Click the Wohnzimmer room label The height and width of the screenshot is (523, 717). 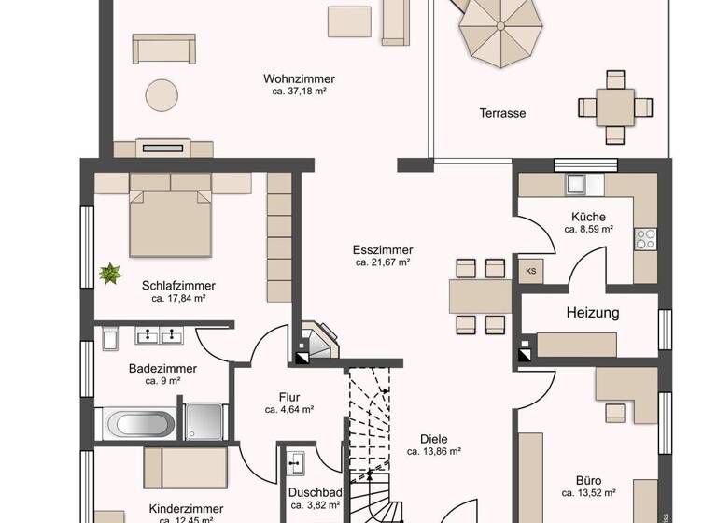[299, 79]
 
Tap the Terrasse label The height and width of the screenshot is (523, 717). [502, 113]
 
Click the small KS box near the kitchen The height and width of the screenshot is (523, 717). [531, 272]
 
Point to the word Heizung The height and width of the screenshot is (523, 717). [592, 313]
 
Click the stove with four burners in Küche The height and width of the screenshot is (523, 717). [645, 239]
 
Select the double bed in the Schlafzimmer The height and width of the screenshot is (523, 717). [169, 220]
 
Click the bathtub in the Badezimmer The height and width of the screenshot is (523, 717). [140, 424]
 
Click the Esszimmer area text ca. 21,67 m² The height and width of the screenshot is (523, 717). [383, 263]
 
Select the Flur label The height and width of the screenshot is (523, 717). [288, 396]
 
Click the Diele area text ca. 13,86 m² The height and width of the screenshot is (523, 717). [434, 451]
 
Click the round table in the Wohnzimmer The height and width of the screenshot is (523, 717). [162, 94]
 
